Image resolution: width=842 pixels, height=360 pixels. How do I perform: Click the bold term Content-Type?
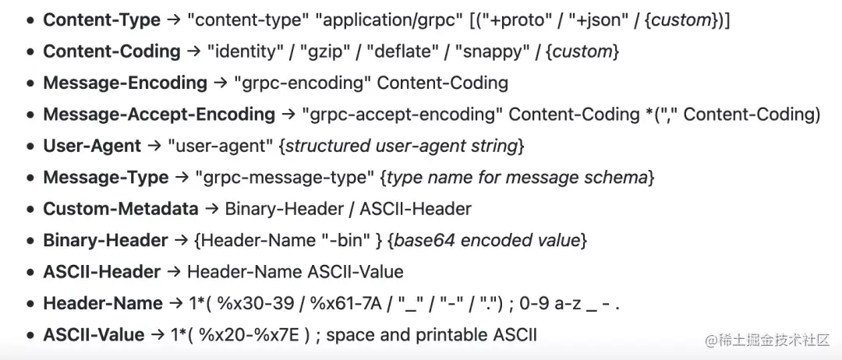[101, 20]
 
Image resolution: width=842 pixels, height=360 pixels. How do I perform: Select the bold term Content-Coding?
[111, 51]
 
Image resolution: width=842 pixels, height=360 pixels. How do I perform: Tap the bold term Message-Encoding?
[125, 83]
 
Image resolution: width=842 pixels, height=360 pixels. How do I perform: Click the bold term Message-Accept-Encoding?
[159, 115]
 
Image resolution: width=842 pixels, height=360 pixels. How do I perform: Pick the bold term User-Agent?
[92, 146]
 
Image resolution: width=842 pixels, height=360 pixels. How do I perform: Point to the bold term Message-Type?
[106, 178]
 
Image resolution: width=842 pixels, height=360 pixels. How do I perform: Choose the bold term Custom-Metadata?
[121, 209]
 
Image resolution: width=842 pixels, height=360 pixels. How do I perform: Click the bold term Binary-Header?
[105, 240]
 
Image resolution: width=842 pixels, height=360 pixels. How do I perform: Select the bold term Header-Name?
[103, 303]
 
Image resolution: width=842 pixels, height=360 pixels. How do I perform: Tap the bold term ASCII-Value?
[94, 335]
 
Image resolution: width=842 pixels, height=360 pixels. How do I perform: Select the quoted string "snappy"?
[489, 52]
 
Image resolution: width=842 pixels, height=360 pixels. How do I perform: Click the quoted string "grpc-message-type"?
[285, 178]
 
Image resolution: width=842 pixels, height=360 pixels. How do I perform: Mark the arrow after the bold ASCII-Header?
[173, 272]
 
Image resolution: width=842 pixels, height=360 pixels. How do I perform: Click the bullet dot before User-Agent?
[31, 146]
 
